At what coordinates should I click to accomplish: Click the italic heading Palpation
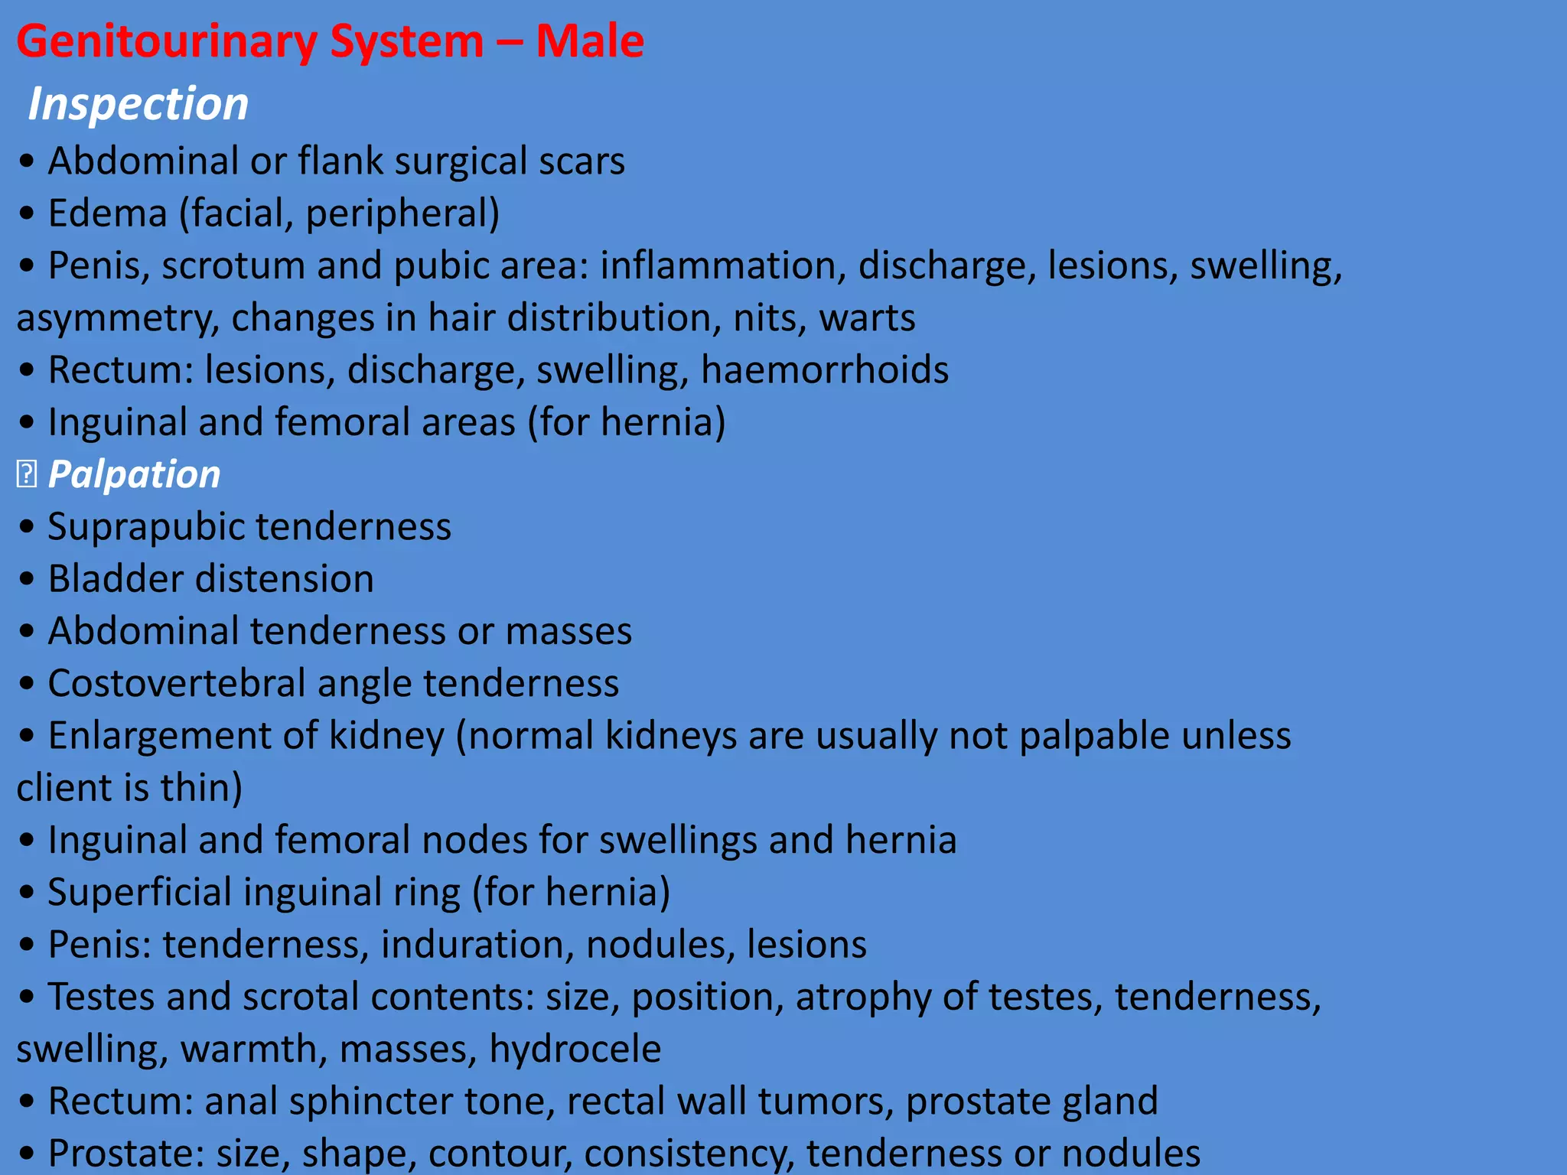coord(134,474)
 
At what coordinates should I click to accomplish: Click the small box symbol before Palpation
coord(26,475)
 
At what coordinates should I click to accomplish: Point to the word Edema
coord(107,213)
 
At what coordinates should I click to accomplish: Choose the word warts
coord(867,317)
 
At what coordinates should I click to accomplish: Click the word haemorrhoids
coord(824,369)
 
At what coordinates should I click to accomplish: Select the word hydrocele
coord(575,1049)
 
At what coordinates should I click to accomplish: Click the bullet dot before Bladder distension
coord(28,579)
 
